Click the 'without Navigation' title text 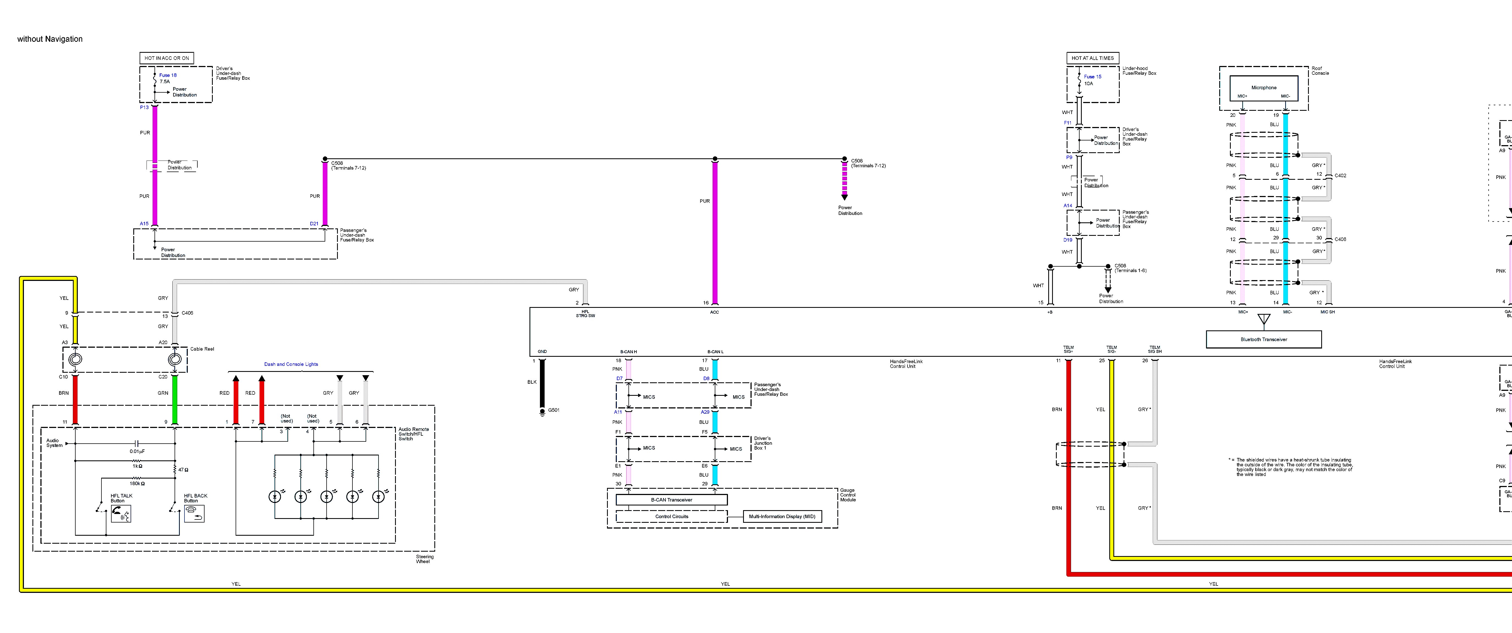(x=50, y=39)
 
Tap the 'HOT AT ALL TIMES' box (x=1092, y=58)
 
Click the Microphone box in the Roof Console (x=1263, y=88)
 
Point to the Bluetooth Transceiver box (x=1263, y=339)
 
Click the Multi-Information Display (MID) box (x=782, y=516)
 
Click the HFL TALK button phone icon (x=122, y=514)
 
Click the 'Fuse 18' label (x=168, y=75)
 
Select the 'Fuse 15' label (x=1092, y=76)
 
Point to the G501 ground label (x=553, y=410)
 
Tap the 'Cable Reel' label (x=202, y=349)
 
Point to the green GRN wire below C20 (x=175, y=399)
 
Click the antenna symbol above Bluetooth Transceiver (x=1264, y=320)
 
